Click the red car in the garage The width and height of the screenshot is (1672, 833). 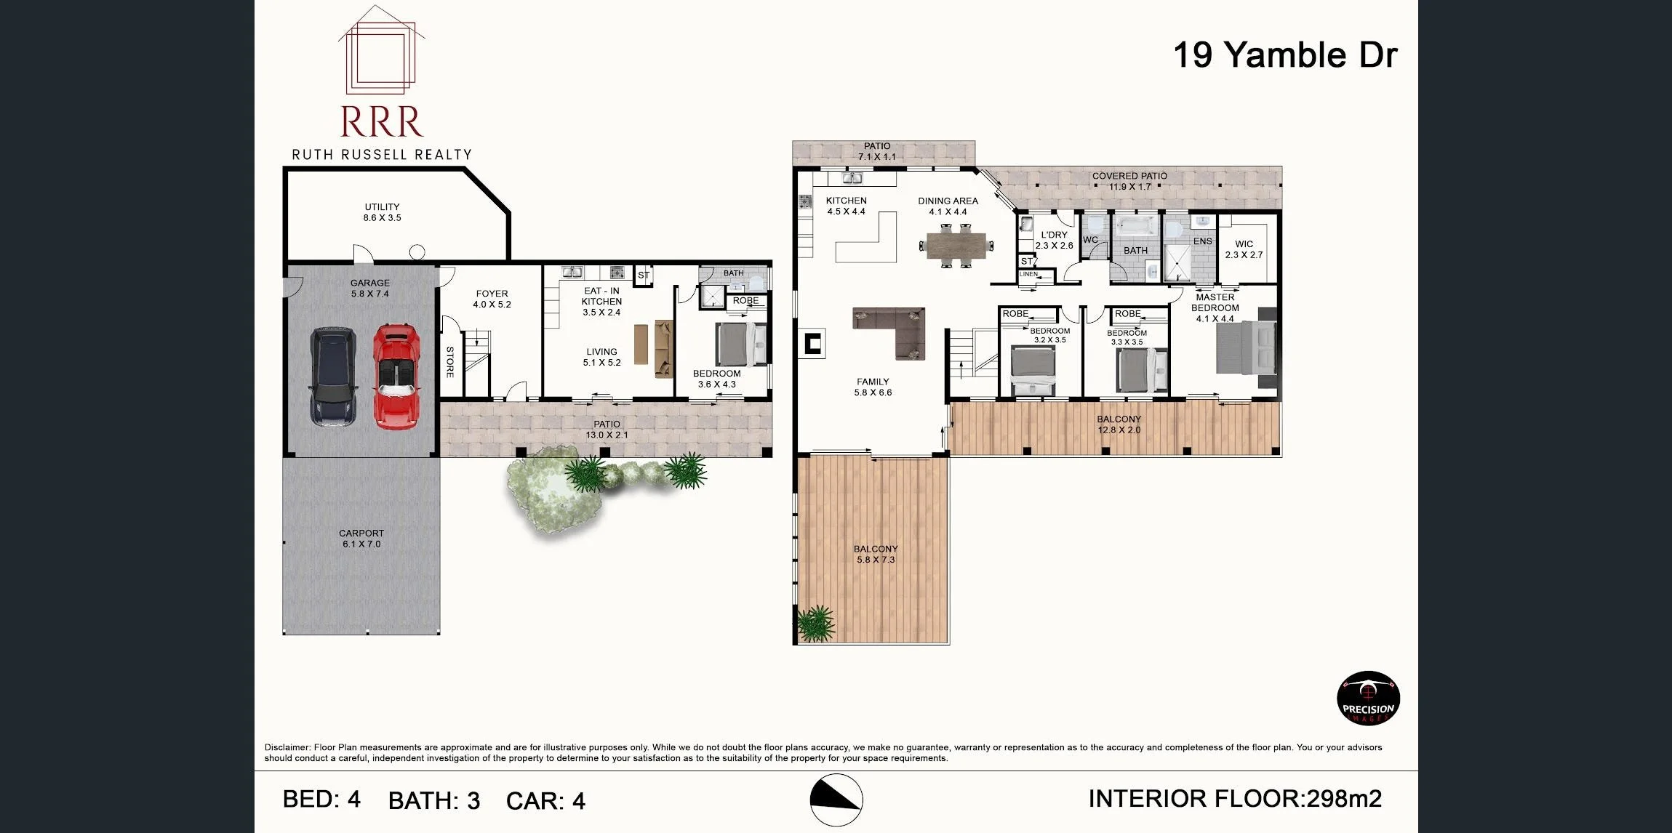coord(396,376)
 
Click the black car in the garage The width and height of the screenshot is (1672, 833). coord(334,376)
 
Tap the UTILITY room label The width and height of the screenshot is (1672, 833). coord(382,212)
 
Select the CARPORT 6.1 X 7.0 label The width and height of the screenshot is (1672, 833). coord(361,539)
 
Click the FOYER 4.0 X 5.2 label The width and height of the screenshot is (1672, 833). coord(492,299)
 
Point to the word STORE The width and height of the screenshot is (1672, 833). coord(450,362)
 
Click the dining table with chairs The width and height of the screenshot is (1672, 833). coord(956,246)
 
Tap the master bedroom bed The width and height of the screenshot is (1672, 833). coord(1246,348)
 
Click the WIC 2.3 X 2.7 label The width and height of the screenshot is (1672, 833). coord(1244,249)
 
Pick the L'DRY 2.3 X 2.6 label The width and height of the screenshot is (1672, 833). coord(1054,240)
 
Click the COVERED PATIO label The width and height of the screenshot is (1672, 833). coord(1129,181)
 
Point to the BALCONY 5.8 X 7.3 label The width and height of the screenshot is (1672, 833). coord(876,554)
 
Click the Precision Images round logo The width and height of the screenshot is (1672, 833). coord(1368,699)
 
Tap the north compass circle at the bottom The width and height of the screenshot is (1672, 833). coord(836,800)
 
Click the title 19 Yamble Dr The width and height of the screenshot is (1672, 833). coord(1285,55)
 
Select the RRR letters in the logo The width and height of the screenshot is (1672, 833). coord(381,122)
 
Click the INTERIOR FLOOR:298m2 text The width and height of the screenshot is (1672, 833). coord(1234,799)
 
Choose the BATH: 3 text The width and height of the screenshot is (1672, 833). coord(434,800)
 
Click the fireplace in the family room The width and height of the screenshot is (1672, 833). coord(813,343)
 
